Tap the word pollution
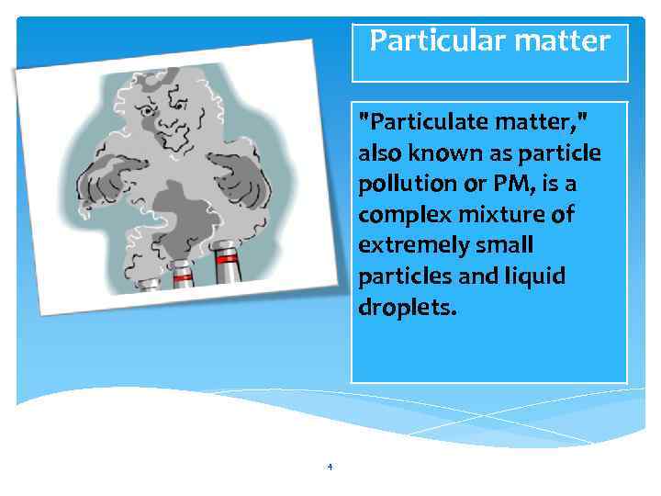click(x=408, y=183)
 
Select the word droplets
click(x=406, y=308)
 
